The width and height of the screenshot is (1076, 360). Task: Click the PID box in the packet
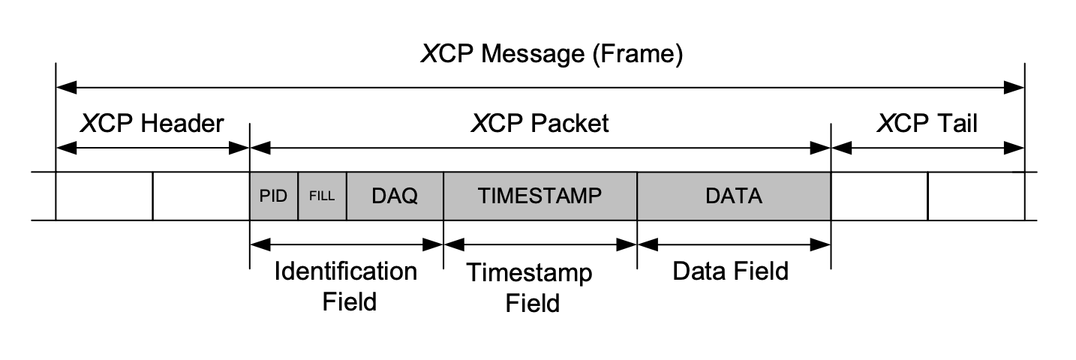[273, 196]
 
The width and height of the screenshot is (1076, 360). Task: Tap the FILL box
[322, 196]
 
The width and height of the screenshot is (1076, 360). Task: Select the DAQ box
[395, 196]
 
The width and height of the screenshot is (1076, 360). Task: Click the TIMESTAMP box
[540, 196]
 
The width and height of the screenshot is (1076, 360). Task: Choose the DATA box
[733, 196]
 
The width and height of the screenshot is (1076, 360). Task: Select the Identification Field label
[346, 286]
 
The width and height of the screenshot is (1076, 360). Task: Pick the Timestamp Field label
[530, 287]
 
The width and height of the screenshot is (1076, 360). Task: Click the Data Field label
[730, 271]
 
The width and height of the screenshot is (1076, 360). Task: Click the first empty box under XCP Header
[104, 196]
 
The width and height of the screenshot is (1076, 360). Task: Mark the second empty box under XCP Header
[200, 196]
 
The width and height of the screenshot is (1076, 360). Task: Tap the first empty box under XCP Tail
[879, 196]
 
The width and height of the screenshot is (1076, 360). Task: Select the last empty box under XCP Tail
[975, 196]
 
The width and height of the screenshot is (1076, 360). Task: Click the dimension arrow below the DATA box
[733, 244]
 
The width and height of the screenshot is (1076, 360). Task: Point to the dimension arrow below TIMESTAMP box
[540, 244]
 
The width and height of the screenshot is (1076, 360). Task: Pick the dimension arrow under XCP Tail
[927, 149]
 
